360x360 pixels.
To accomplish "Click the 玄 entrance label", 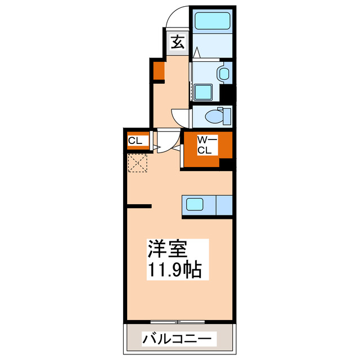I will coord(177,42).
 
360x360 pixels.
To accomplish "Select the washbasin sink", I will coord(223,74).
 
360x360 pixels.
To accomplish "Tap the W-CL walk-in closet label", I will coord(204,146).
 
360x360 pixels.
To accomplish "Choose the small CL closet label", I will coord(136,141).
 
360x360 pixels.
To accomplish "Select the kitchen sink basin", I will coord(197,205).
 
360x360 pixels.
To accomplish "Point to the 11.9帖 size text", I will coord(175,270).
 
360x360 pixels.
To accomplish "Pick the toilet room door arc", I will coord(181,116).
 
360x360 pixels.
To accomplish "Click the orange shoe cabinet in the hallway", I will coord(159,70).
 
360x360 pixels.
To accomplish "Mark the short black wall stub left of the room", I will coord(138,206).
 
